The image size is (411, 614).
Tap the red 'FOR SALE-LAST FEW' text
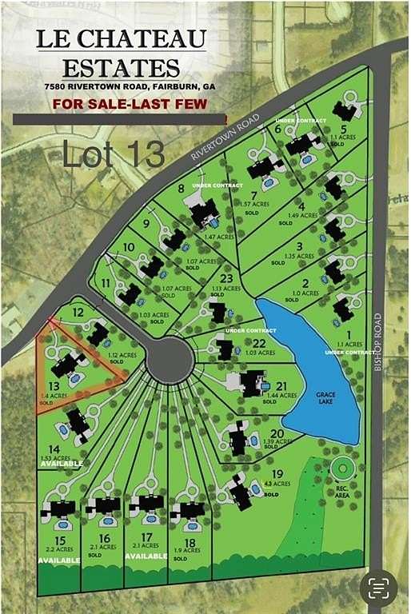(130, 104)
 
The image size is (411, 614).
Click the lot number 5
(344, 128)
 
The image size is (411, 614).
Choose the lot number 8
(182, 189)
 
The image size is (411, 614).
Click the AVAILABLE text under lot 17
(146, 556)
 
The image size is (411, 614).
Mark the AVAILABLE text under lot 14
(62, 464)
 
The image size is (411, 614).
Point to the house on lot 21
(249, 383)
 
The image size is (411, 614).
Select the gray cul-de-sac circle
(170, 360)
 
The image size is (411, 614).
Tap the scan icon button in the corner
(378, 588)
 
